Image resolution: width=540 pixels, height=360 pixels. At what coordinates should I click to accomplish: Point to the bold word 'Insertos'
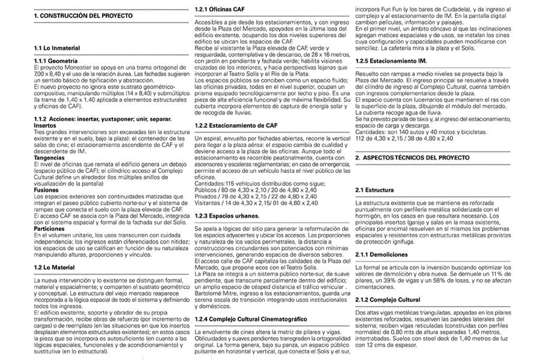tap(46, 125)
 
